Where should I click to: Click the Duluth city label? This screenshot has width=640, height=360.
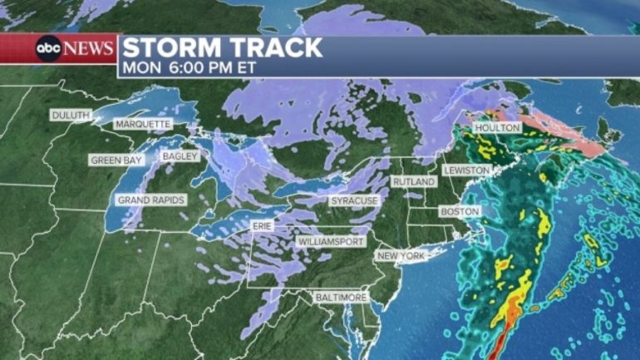coord(71,115)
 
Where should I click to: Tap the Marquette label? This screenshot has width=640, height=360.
coord(142,124)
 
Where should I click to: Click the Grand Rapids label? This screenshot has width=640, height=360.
coord(150,200)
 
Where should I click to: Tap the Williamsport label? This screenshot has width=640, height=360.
coord(330,241)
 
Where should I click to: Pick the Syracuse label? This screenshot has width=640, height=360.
coord(354,201)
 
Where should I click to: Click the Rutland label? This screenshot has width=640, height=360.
coord(413,181)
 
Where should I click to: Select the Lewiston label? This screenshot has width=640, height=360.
coord(466,170)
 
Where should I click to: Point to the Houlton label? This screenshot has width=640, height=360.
coord(496,128)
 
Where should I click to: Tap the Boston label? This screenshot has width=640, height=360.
coord(460,212)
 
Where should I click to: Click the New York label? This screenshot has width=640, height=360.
coord(401,255)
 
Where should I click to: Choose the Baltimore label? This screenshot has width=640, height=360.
coord(341,297)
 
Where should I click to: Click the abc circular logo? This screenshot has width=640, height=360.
coord(47,48)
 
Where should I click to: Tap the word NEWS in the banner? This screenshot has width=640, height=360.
coord(87,48)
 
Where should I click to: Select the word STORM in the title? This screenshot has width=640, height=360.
coord(172,47)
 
